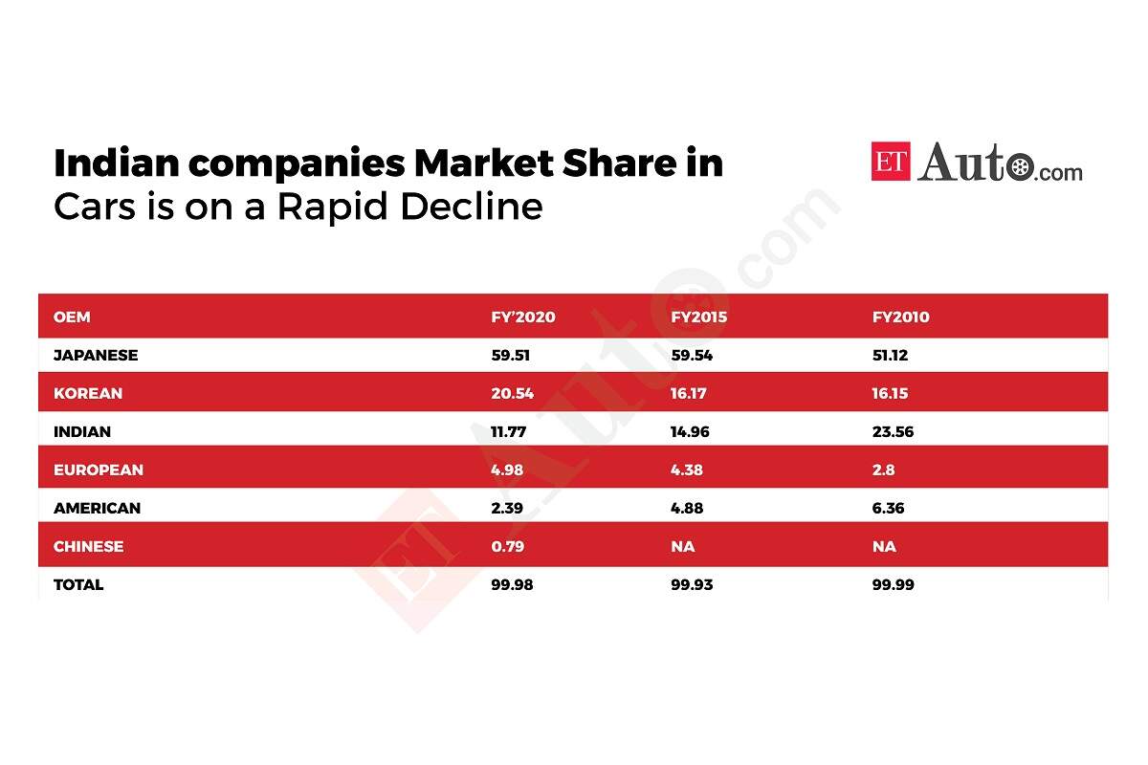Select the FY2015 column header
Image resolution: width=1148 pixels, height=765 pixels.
698,317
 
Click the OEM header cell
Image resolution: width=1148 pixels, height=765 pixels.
72,317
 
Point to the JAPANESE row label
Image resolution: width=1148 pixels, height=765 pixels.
96,356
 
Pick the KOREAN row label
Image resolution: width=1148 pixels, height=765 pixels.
88,394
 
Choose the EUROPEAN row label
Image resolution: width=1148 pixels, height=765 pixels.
99,470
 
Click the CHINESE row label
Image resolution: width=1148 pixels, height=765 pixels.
89,547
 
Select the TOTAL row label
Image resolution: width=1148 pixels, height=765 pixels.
78,585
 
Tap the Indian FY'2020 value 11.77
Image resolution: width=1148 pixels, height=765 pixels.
507,432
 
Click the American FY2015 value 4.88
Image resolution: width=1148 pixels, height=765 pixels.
687,509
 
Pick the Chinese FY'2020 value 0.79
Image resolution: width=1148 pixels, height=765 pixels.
506,547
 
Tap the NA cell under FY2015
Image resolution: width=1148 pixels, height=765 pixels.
683,547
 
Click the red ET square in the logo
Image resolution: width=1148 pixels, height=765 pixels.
891,161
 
